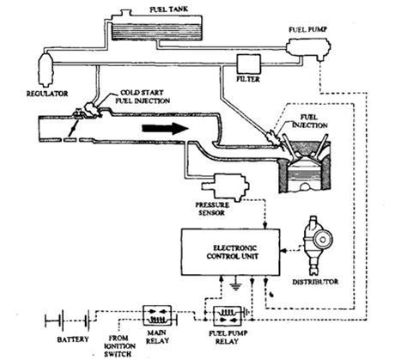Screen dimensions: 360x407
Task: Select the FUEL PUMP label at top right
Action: (308, 28)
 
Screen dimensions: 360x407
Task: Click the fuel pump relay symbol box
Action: (224, 312)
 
